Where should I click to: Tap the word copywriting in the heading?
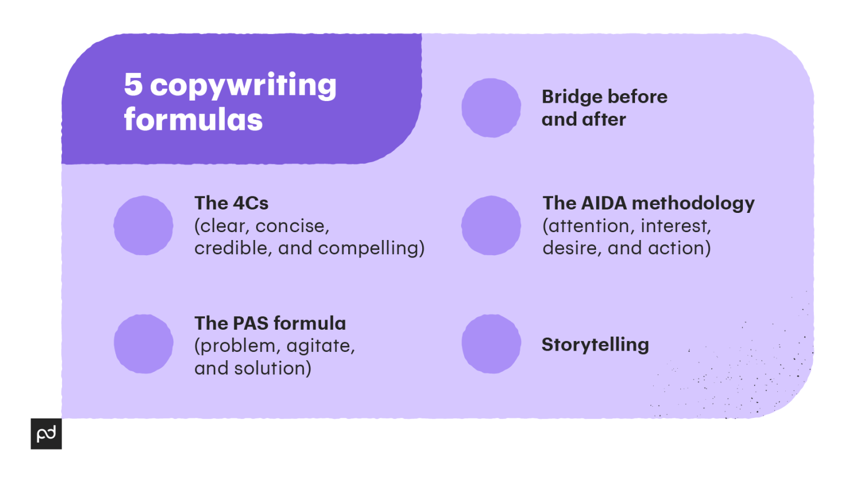point(243,86)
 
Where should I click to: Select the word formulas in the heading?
point(193,119)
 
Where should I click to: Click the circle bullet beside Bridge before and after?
point(491,108)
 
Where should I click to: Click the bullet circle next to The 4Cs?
point(143,225)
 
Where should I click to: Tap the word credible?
point(231,248)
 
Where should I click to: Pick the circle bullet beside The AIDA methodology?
point(491,225)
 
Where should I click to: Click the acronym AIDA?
point(604,203)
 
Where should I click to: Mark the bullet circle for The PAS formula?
point(143,344)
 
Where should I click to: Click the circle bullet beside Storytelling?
point(491,344)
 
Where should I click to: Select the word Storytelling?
point(595,345)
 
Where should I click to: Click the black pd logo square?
point(46,434)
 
